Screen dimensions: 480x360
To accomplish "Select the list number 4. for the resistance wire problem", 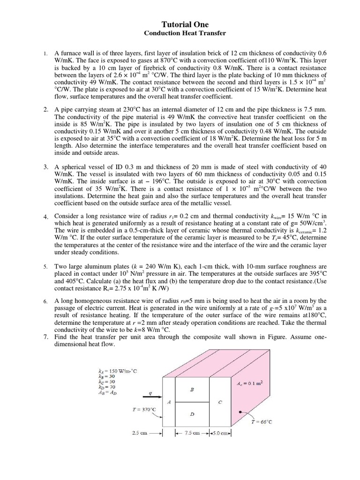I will point(45,217).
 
